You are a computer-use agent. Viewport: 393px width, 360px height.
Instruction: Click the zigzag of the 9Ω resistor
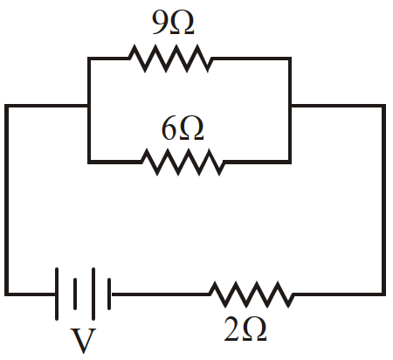pyautogui.click(x=170, y=59)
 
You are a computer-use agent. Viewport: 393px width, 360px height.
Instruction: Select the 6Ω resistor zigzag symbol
pyautogui.click(x=183, y=162)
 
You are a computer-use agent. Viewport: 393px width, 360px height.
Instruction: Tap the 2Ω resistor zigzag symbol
pyautogui.click(x=252, y=294)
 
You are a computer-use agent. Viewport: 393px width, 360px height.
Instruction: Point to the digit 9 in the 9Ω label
pyautogui.click(x=159, y=24)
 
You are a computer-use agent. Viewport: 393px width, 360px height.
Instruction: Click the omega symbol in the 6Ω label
pyautogui.click(x=191, y=129)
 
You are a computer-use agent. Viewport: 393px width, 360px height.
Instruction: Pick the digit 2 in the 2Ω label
pyautogui.click(x=231, y=329)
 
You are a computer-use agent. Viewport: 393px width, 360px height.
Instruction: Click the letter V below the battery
pyautogui.click(x=83, y=341)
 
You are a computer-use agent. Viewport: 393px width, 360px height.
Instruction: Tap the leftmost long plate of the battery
pyautogui.click(x=57, y=294)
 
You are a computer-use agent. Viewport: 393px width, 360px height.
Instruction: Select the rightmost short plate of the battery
pyautogui.click(x=109, y=294)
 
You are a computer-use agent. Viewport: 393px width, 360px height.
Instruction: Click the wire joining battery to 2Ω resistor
pyautogui.click(x=161, y=294)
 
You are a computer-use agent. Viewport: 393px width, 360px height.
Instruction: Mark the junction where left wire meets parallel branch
pyautogui.click(x=89, y=106)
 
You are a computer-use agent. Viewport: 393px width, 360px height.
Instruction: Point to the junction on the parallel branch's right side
pyautogui.click(x=290, y=106)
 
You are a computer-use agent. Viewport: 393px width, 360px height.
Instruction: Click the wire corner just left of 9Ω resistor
pyautogui.click(x=89, y=59)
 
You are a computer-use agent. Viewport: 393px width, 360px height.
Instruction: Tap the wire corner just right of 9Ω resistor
pyautogui.click(x=290, y=59)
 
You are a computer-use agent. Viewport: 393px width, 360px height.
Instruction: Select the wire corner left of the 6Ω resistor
pyautogui.click(x=89, y=162)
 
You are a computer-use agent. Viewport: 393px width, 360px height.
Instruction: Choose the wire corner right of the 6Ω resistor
pyautogui.click(x=290, y=162)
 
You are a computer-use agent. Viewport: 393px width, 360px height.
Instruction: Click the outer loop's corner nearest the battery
pyautogui.click(x=6, y=294)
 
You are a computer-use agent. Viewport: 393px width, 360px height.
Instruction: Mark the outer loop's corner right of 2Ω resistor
pyautogui.click(x=384, y=294)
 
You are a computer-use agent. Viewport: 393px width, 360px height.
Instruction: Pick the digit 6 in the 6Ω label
pyautogui.click(x=169, y=129)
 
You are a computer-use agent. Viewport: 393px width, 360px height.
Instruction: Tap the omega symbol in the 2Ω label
pyautogui.click(x=254, y=329)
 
